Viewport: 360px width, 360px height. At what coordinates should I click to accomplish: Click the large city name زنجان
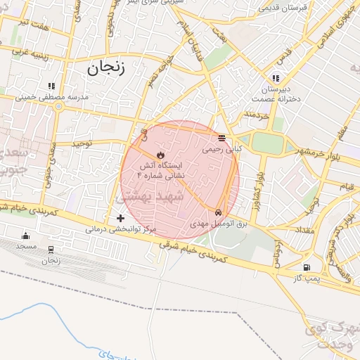tap(106, 68)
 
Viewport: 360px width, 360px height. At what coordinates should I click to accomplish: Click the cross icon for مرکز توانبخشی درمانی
tap(121, 219)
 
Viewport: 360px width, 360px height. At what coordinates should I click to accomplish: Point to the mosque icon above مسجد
tap(26, 236)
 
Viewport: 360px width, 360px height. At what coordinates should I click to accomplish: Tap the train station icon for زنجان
tap(51, 250)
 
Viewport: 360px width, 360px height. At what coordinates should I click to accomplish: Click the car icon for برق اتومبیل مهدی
tap(219, 212)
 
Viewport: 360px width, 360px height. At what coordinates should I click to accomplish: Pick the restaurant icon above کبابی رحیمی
tap(222, 138)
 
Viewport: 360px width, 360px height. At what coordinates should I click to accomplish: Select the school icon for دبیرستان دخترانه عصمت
tap(275, 77)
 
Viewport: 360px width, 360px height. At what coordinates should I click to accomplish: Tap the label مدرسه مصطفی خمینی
tap(62, 97)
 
